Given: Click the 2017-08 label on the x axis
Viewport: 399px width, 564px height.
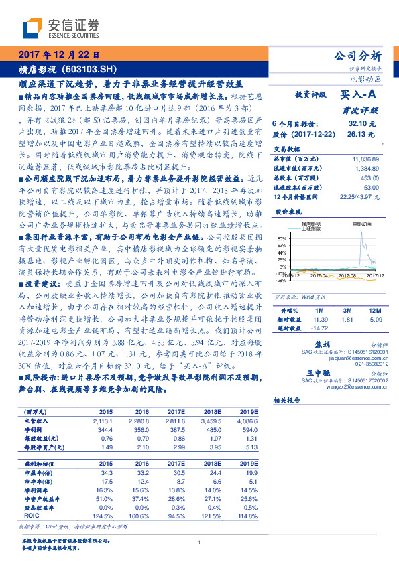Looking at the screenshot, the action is coord(339,275).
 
